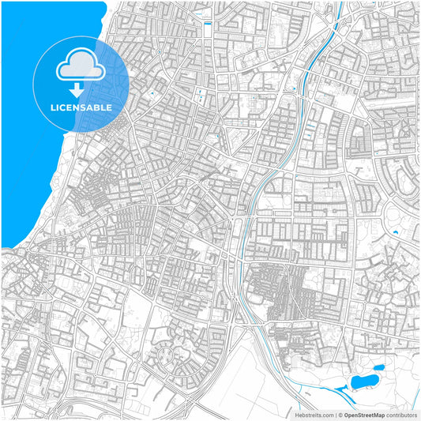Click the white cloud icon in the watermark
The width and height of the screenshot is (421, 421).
[x=81, y=69]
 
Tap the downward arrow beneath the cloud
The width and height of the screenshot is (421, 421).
[x=81, y=90]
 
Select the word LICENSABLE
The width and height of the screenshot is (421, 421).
[x=81, y=107]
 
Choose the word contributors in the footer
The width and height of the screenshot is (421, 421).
[x=401, y=414]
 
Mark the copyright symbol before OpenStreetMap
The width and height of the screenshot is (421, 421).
[x=339, y=414]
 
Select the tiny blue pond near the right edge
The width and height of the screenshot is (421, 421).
[x=394, y=232]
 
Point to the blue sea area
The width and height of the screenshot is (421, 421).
[x=32, y=158]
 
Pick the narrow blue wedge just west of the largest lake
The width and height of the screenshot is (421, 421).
[x=341, y=388]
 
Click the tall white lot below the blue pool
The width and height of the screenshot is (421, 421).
[x=207, y=36]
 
